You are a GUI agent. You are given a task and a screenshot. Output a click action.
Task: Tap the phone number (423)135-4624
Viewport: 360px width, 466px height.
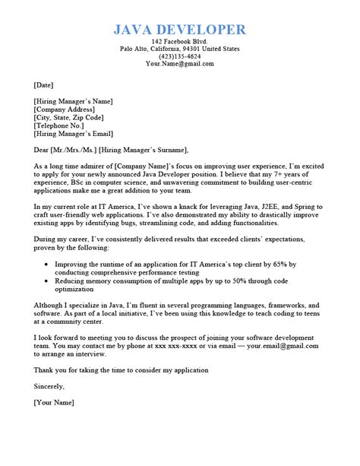pyautogui.click(x=179, y=57)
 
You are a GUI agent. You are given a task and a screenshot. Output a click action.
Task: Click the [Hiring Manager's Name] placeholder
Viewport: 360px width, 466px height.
pyautogui.click(x=73, y=100)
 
